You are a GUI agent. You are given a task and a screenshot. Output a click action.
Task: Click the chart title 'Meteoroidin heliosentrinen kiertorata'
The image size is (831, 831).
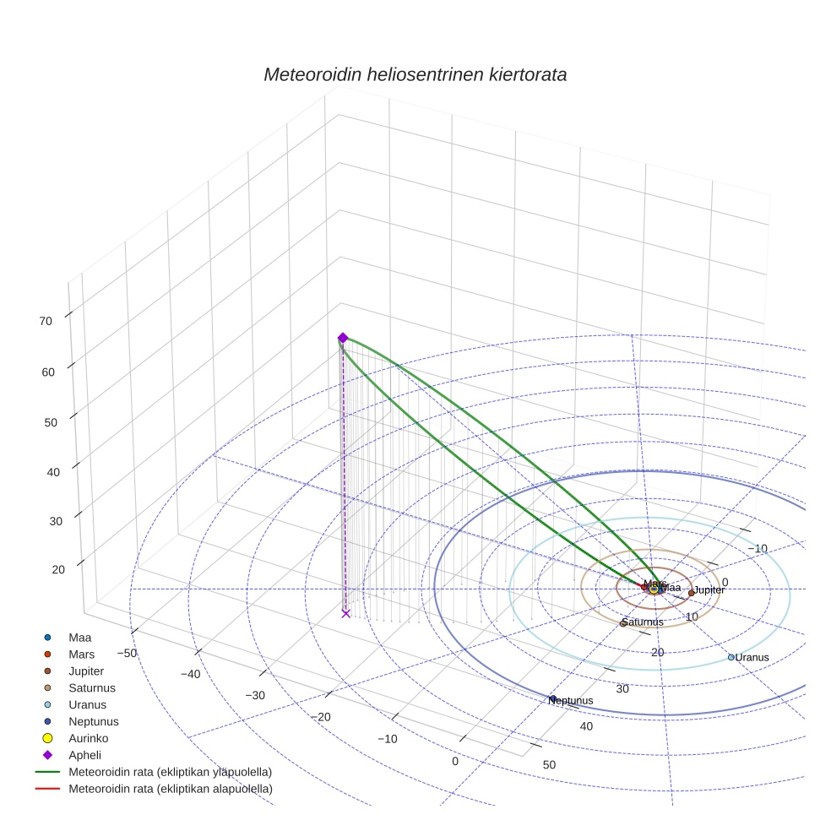tap(415, 74)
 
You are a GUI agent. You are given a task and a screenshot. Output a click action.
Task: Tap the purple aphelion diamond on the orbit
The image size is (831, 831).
tap(343, 338)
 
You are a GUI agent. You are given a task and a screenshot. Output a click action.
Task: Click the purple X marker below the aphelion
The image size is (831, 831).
tap(345, 613)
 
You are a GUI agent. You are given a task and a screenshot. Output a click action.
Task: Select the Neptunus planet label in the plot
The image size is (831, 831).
tap(573, 701)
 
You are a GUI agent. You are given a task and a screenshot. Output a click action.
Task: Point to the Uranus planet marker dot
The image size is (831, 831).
tap(731, 657)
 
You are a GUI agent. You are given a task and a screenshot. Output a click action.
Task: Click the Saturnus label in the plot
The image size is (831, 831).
tap(644, 622)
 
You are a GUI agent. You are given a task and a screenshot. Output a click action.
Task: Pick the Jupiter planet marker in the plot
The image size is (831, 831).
tap(692, 593)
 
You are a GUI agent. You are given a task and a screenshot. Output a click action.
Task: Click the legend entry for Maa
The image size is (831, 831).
tap(79, 638)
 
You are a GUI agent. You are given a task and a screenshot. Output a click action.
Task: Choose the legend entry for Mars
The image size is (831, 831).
tap(81, 654)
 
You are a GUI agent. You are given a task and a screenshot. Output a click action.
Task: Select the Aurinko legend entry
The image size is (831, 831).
tap(88, 738)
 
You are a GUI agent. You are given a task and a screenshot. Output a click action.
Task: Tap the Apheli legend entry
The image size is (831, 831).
tap(84, 755)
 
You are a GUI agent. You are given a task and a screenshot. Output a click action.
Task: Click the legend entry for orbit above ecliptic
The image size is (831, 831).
tap(170, 772)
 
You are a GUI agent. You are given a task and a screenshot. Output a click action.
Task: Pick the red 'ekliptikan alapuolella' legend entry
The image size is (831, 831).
tap(170, 789)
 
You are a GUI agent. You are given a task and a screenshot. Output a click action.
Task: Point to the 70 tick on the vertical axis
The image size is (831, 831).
tap(46, 321)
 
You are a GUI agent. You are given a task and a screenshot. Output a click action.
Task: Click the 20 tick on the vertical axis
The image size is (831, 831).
tap(58, 570)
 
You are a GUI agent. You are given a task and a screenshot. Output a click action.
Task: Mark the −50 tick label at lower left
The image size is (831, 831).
tap(128, 653)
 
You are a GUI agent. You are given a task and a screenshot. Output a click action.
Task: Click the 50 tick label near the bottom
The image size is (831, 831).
tap(550, 764)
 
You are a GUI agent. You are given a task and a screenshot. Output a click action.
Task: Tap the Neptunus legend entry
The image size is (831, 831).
tap(93, 721)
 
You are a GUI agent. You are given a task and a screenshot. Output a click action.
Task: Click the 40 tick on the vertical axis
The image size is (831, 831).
tap(53, 471)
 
